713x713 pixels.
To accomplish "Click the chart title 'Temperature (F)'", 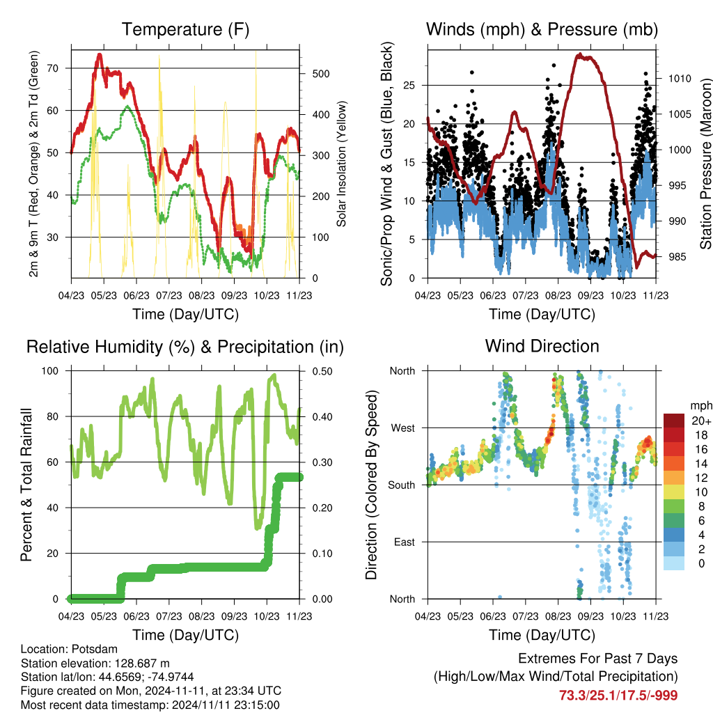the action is point(185,29).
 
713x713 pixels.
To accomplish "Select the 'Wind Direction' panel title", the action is point(542,346).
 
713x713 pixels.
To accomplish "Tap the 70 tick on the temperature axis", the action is point(53,68).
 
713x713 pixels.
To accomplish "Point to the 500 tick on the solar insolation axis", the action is point(320,74).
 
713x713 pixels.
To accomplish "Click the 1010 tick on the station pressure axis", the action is point(680,79).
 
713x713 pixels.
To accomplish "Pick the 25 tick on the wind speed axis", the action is point(409,85).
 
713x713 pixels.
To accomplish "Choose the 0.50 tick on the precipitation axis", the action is point(322,371).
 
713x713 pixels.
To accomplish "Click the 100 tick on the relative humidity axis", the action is point(50,370).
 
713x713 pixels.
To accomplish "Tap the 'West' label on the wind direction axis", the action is point(403,428).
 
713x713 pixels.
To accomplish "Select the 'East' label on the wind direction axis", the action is point(405,542).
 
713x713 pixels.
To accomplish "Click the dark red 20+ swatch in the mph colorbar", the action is point(674,421).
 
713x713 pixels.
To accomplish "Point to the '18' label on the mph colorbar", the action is point(702,435).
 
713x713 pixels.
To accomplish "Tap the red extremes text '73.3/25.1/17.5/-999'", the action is point(618,696).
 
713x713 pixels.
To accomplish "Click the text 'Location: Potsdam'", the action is point(69,649).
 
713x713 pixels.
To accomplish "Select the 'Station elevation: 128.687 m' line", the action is point(95,663).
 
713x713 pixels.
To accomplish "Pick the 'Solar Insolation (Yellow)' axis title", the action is point(341,164).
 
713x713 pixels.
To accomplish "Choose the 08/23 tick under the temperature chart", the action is point(201,295).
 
